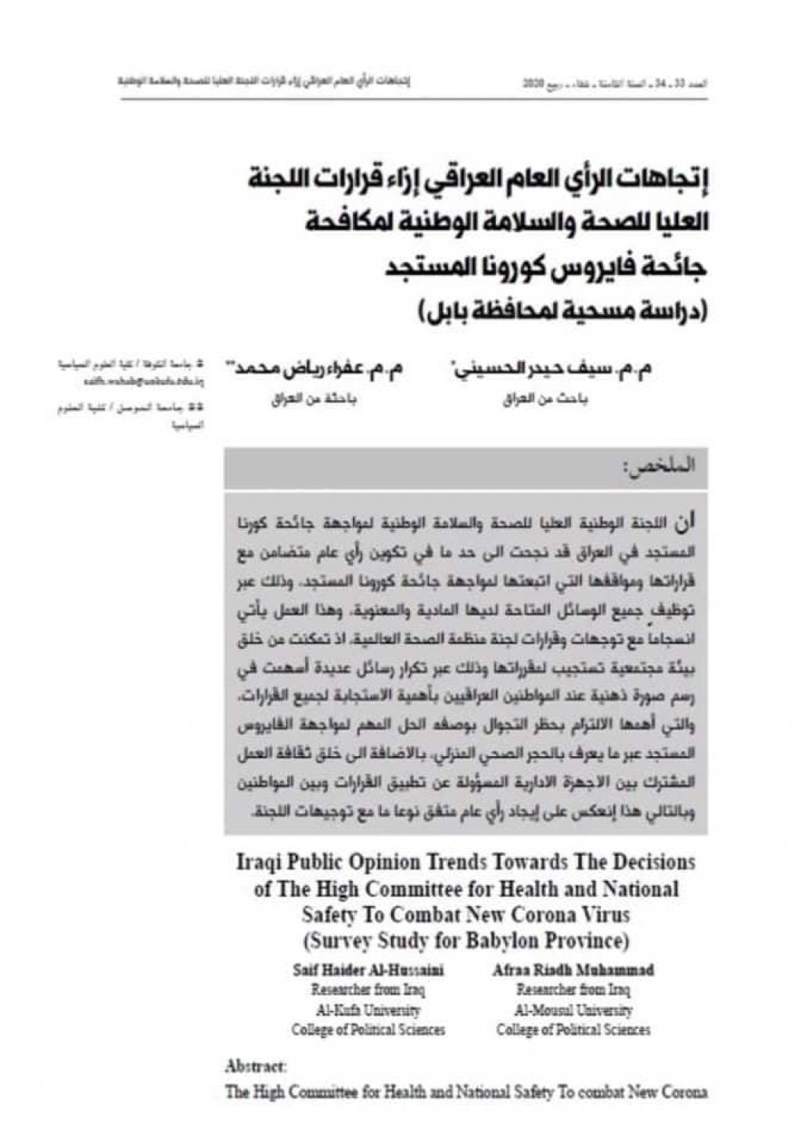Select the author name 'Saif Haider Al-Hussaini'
[367, 970]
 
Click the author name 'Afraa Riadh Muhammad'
[573, 970]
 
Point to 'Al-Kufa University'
[367, 1010]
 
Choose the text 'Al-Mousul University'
[573, 1010]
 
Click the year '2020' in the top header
[533, 81]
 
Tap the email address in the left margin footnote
[144, 383]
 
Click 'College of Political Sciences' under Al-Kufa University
[367, 1030]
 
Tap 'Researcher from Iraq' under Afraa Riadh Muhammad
[573, 990]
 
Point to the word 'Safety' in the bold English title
[330, 913]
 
